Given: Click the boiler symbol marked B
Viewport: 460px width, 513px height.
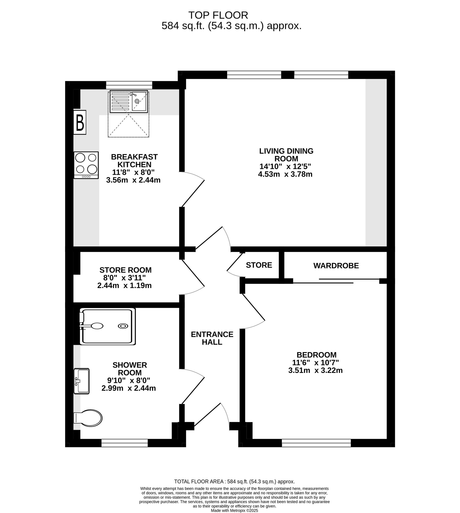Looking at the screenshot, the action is coord(80,122).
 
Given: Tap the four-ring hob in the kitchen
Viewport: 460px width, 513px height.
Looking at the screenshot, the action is coord(86,165).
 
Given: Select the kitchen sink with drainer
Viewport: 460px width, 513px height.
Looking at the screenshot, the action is coord(129,101).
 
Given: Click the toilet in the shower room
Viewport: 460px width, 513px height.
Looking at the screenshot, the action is coord(88,418).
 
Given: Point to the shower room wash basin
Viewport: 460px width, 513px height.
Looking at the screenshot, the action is coord(81,381).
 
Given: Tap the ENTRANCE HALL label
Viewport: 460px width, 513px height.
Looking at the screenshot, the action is coord(212,338).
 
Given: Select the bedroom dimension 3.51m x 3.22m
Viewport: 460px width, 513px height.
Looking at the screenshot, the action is coord(315,370).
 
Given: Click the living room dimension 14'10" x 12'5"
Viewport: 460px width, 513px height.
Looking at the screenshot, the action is coord(285,166).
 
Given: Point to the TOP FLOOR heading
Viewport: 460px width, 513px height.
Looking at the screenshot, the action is coord(218,15).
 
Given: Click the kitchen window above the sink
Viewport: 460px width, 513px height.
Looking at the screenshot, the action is coord(129,85).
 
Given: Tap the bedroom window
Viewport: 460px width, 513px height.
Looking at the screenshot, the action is coord(316,443).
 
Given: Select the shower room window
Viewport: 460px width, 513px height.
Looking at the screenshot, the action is coord(125,443).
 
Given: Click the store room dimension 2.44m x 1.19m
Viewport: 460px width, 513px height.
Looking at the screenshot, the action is coord(124,286).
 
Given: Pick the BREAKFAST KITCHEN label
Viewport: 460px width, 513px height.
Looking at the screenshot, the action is coord(135,161).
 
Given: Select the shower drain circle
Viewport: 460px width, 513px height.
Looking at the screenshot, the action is coord(123,326).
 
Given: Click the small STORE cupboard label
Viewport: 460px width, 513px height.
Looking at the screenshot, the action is coord(259,265).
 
